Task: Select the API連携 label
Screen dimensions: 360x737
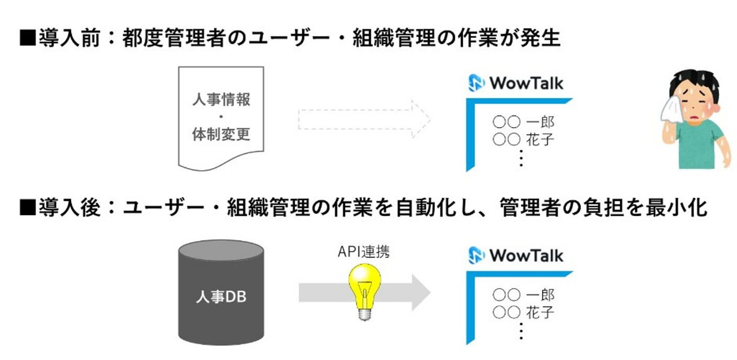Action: pyautogui.click(x=363, y=253)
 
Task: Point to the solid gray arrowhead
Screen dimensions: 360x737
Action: pyautogui.click(x=419, y=292)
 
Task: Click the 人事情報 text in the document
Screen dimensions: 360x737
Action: pyautogui.click(x=221, y=99)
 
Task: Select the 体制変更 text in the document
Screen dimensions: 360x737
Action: pyautogui.click(x=221, y=134)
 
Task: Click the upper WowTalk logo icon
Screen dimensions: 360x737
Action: pyautogui.click(x=477, y=83)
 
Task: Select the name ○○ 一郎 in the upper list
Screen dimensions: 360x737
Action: pyautogui.click(x=523, y=122)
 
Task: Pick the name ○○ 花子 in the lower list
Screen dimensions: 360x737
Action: pyautogui.click(x=523, y=312)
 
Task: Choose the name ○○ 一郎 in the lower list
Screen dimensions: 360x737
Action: pyautogui.click(x=523, y=295)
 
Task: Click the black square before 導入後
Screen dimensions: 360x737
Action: pyautogui.click(x=28, y=208)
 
